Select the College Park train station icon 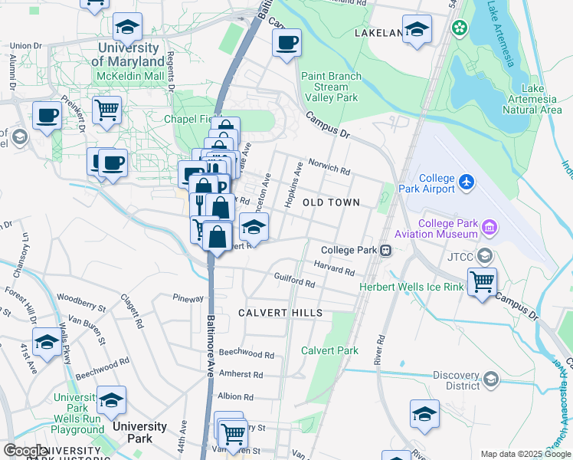point(387,250)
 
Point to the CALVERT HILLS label point(280,313)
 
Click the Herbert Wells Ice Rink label point(412,287)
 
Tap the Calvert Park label point(329,350)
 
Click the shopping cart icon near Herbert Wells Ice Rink point(482,281)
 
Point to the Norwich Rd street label point(329,167)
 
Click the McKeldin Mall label point(130,76)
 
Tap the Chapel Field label point(190,119)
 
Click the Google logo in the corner point(26,451)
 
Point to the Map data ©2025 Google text point(525,454)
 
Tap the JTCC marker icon point(484,255)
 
